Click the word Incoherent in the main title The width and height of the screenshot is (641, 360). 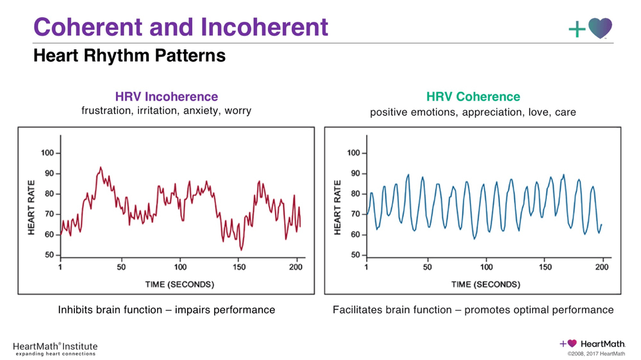click(x=265, y=27)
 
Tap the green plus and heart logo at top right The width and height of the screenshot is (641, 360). click(x=590, y=28)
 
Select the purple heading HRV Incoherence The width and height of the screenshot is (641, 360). click(x=167, y=97)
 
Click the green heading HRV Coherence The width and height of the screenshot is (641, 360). click(x=473, y=97)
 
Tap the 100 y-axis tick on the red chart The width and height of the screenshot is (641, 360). click(x=47, y=153)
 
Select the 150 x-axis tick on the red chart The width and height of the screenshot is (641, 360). click(x=239, y=267)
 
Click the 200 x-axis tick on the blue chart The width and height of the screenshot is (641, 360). click(x=602, y=267)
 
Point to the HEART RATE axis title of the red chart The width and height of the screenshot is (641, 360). click(x=31, y=207)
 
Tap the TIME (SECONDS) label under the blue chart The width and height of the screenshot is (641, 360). click(x=485, y=284)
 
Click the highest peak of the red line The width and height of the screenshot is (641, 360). click(x=100, y=167)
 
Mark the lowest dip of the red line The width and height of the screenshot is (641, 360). click(x=241, y=249)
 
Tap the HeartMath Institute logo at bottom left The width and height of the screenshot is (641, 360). click(x=55, y=348)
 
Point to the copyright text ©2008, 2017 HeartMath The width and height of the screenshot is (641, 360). click(x=596, y=353)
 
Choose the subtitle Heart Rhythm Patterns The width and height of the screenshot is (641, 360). click(x=129, y=56)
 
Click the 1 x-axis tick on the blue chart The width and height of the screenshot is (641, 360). click(x=367, y=267)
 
